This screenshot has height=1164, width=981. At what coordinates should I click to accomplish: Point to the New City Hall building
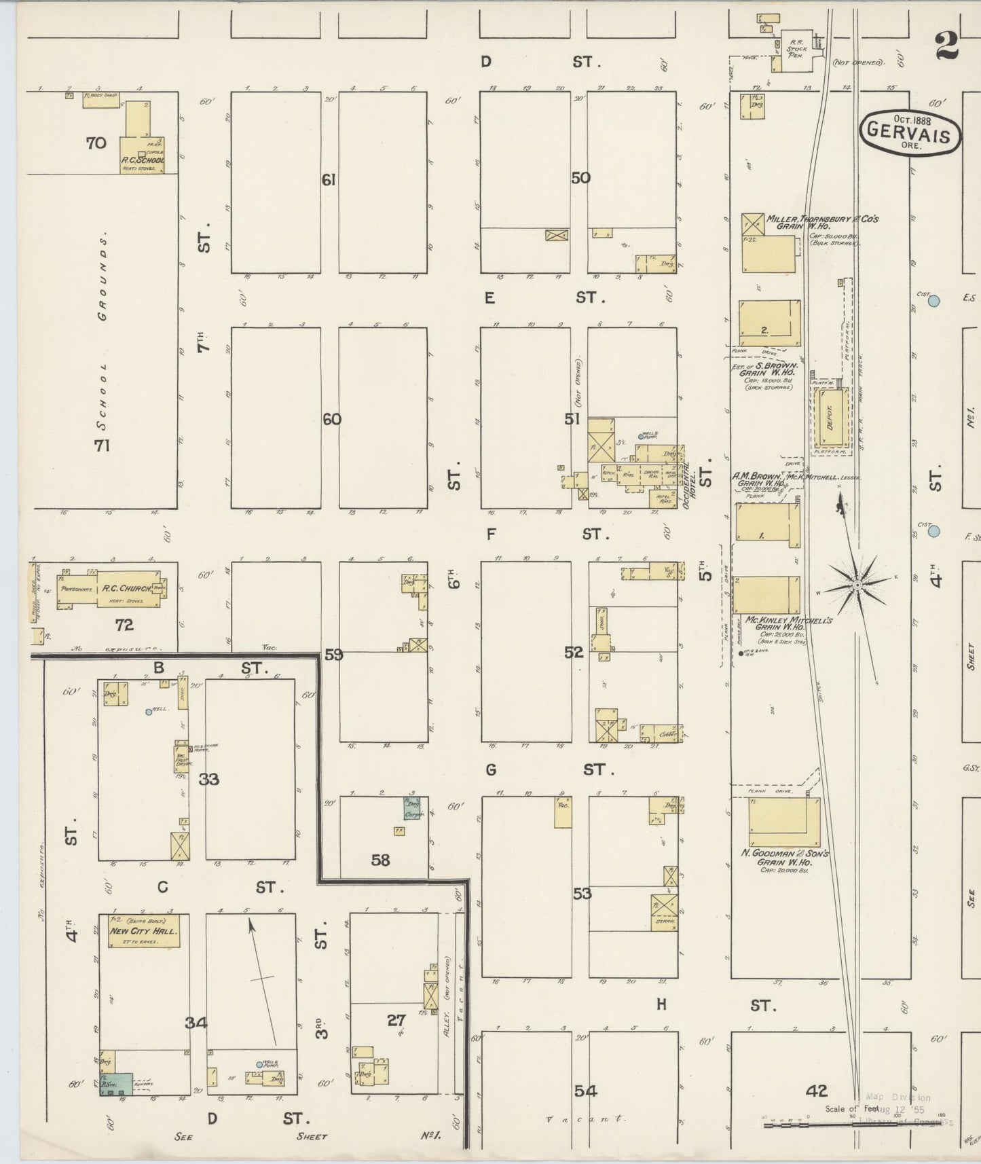pyautogui.click(x=144, y=930)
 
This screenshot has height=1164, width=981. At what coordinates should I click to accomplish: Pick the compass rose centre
pyautogui.click(x=857, y=585)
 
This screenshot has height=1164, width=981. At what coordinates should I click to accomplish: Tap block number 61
pyautogui.click(x=329, y=180)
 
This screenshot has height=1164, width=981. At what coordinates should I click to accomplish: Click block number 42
pyautogui.click(x=817, y=1091)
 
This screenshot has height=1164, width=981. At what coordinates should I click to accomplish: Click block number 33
pyautogui.click(x=209, y=779)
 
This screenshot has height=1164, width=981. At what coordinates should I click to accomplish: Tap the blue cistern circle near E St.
pyautogui.click(x=934, y=299)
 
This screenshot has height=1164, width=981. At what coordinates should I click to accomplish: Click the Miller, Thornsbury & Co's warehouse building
pyautogui.click(x=767, y=253)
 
